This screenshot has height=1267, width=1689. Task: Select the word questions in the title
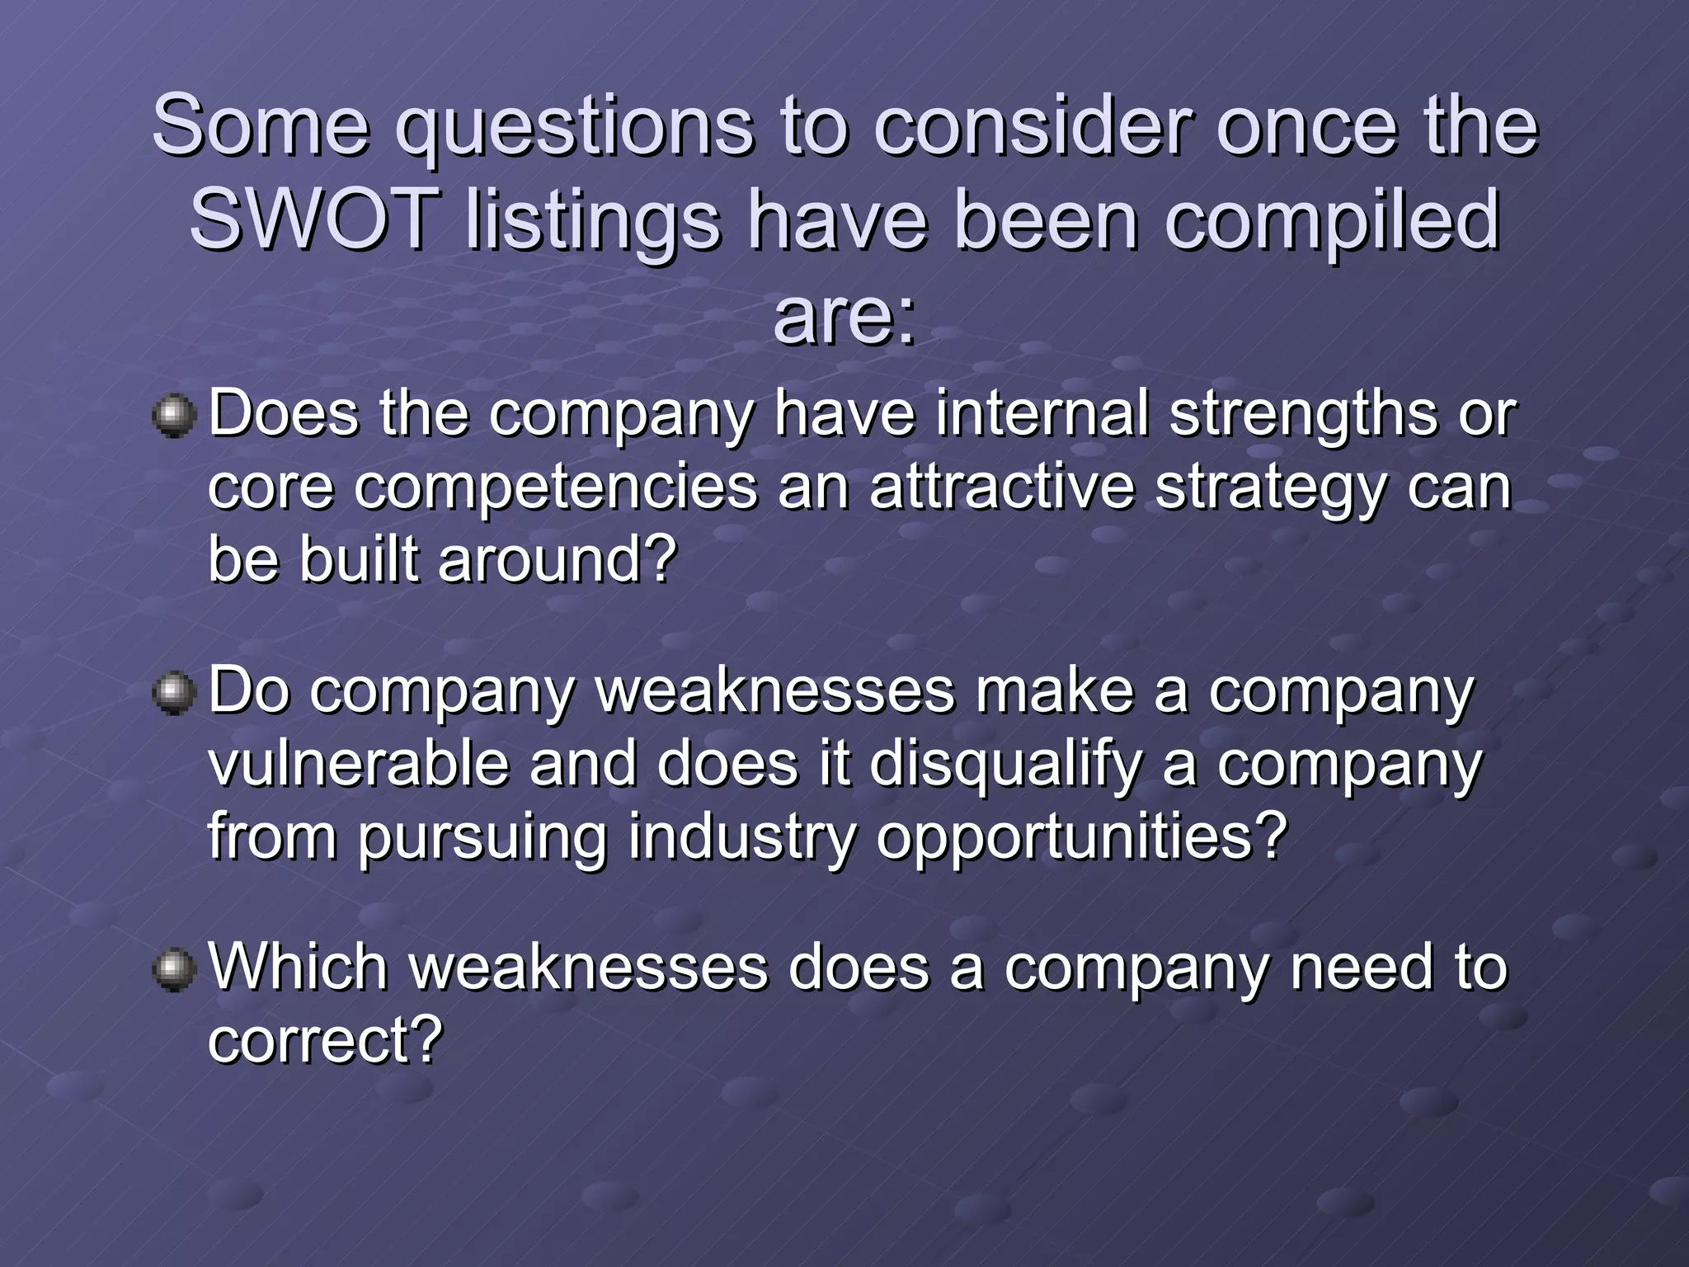(574, 126)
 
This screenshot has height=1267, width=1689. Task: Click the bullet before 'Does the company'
(174, 415)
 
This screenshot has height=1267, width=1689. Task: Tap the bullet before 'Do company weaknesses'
(174, 692)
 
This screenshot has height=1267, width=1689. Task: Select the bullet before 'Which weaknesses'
(174, 969)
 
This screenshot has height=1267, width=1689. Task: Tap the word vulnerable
(359, 763)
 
